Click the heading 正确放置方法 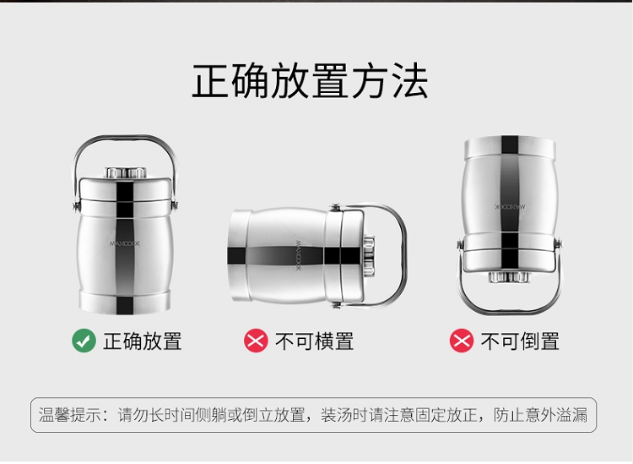[x=310, y=81]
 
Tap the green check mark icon [x=84, y=341]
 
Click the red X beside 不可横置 [x=256, y=341]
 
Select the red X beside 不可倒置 [x=462, y=341]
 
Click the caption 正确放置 [x=143, y=341]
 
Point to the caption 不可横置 [x=315, y=341]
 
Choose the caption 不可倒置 [x=520, y=341]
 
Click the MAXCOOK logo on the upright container [x=125, y=243]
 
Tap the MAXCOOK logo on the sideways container [x=299, y=256]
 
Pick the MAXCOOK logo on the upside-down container [x=511, y=206]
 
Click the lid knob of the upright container [x=126, y=172]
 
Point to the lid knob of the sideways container [x=369, y=256]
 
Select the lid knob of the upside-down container [x=509, y=277]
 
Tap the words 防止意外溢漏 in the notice [x=540, y=415]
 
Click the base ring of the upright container [x=125, y=302]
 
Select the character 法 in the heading [x=409, y=81]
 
